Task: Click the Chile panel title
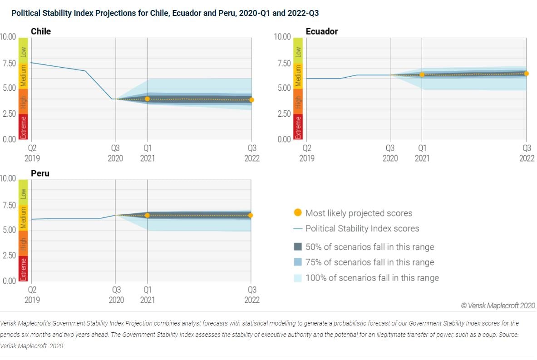(x=41, y=31)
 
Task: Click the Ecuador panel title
(x=321, y=31)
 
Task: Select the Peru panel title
(x=40, y=173)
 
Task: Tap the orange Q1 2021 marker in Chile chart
(x=147, y=99)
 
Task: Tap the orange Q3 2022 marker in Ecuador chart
(x=526, y=74)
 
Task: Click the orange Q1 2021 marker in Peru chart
(x=147, y=215)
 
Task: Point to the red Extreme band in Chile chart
(x=23, y=127)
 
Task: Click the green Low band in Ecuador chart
(x=298, y=51)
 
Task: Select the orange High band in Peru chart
(x=23, y=243)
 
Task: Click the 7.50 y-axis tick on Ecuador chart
(x=282, y=64)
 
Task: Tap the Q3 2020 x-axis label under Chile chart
(x=116, y=153)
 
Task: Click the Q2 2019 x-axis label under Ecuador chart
(x=307, y=153)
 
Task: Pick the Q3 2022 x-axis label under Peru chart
(x=252, y=295)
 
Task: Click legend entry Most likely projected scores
(x=359, y=213)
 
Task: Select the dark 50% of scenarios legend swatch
(x=298, y=247)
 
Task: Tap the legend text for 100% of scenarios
(x=372, y=278)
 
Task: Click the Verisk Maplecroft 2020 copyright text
(x=498, y=306)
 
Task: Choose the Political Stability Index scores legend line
(x=298, y=228)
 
